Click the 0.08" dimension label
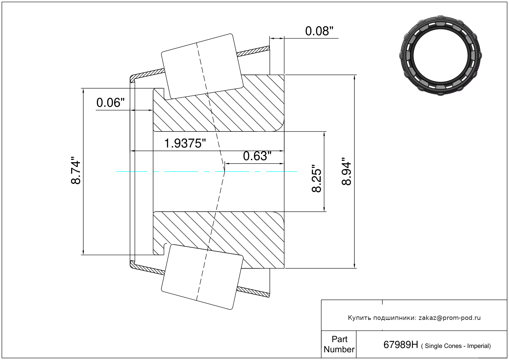click(x=319, y=31)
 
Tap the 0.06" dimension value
click(x=111, y=103)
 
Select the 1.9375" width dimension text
click(x=185, y=143)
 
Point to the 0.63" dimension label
click(x=257, y=156)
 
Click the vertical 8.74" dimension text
click(x=76, y=170)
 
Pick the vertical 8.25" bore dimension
click(x=316, y=179)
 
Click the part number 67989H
click(x=401, y=345)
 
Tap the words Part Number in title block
click(x=339, y=344)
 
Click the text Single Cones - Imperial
click(x=456, y=346)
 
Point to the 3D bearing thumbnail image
click(x=440, y=56)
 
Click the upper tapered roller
click(x=202, y=66)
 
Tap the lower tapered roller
click(x=202, y=277)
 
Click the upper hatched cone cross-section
click(x=219, y=103)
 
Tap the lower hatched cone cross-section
click(x=219, y=240)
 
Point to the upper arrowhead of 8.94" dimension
click(x=354, y=77)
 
